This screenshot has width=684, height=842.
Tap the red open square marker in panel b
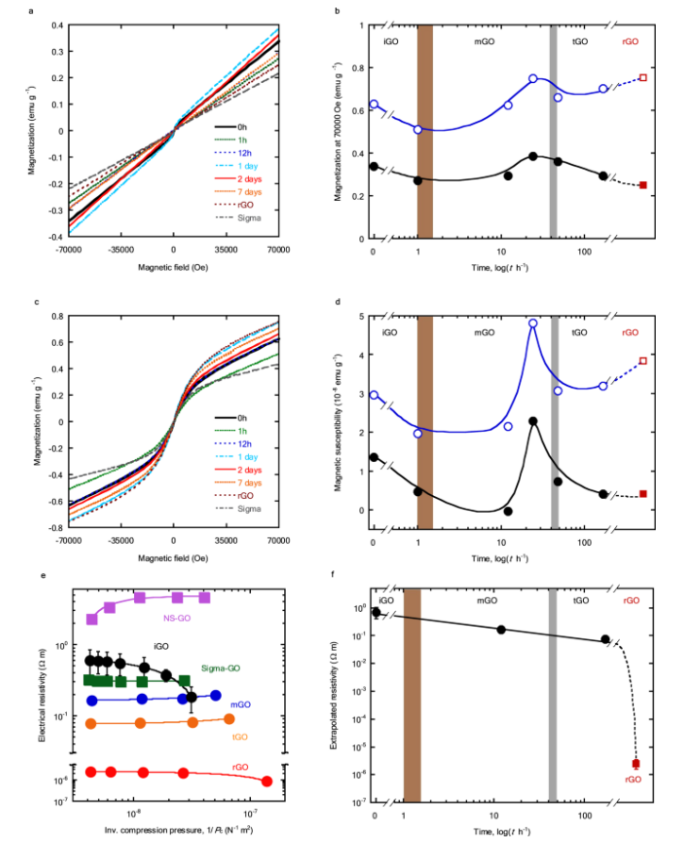642,78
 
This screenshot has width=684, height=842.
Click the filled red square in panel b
642,185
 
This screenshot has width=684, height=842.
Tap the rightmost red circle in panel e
267,781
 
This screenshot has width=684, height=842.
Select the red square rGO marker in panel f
636,764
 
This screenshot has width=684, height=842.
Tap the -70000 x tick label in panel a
69,250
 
